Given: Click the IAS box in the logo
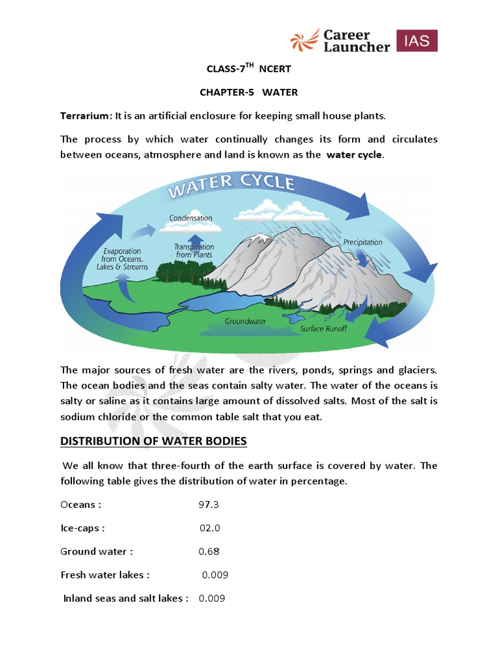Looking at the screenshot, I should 416,40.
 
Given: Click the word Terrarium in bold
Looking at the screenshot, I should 86,116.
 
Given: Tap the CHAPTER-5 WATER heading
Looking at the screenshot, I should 248,92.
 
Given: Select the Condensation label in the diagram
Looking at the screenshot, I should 191,218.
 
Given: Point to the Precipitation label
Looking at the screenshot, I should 362,243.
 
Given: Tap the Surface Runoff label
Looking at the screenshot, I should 324,329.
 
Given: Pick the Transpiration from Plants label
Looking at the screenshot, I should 194,251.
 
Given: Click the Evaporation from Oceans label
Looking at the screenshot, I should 125,259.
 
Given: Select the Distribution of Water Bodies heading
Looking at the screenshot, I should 154,441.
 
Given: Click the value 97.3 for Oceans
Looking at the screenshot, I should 209,504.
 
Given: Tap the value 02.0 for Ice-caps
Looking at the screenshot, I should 210,528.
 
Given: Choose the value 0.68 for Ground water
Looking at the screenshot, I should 209,551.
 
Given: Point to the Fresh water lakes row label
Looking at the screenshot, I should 105,575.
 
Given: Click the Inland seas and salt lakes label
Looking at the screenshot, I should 126,598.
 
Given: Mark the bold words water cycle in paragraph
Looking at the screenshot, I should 355,155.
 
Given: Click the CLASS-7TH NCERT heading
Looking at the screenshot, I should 244,69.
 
